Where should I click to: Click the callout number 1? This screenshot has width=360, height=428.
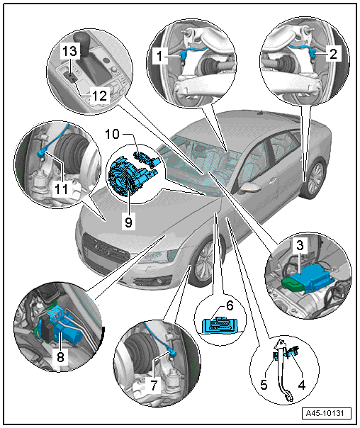point(159,56)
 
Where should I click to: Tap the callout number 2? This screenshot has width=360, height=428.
point(334,54)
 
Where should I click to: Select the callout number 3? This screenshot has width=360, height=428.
point(300,245)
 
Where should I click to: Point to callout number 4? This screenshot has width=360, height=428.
point(301,385)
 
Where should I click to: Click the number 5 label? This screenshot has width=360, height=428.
point(264,385)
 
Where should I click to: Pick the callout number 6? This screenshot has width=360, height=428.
point(230,305)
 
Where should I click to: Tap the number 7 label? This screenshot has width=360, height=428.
point(154,385)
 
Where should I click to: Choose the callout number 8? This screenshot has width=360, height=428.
point(61,356)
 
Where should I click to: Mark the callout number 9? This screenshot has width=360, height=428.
point(128,223)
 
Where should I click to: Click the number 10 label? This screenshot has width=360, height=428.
point(112,135)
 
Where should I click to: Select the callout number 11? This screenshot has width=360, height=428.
point(61,189)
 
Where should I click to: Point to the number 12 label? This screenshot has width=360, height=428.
point(99,96)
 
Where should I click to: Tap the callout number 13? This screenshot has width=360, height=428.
point(70,51)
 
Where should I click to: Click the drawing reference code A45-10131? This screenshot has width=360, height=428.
point(327,413)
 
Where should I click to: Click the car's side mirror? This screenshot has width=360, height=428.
point(250,188)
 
